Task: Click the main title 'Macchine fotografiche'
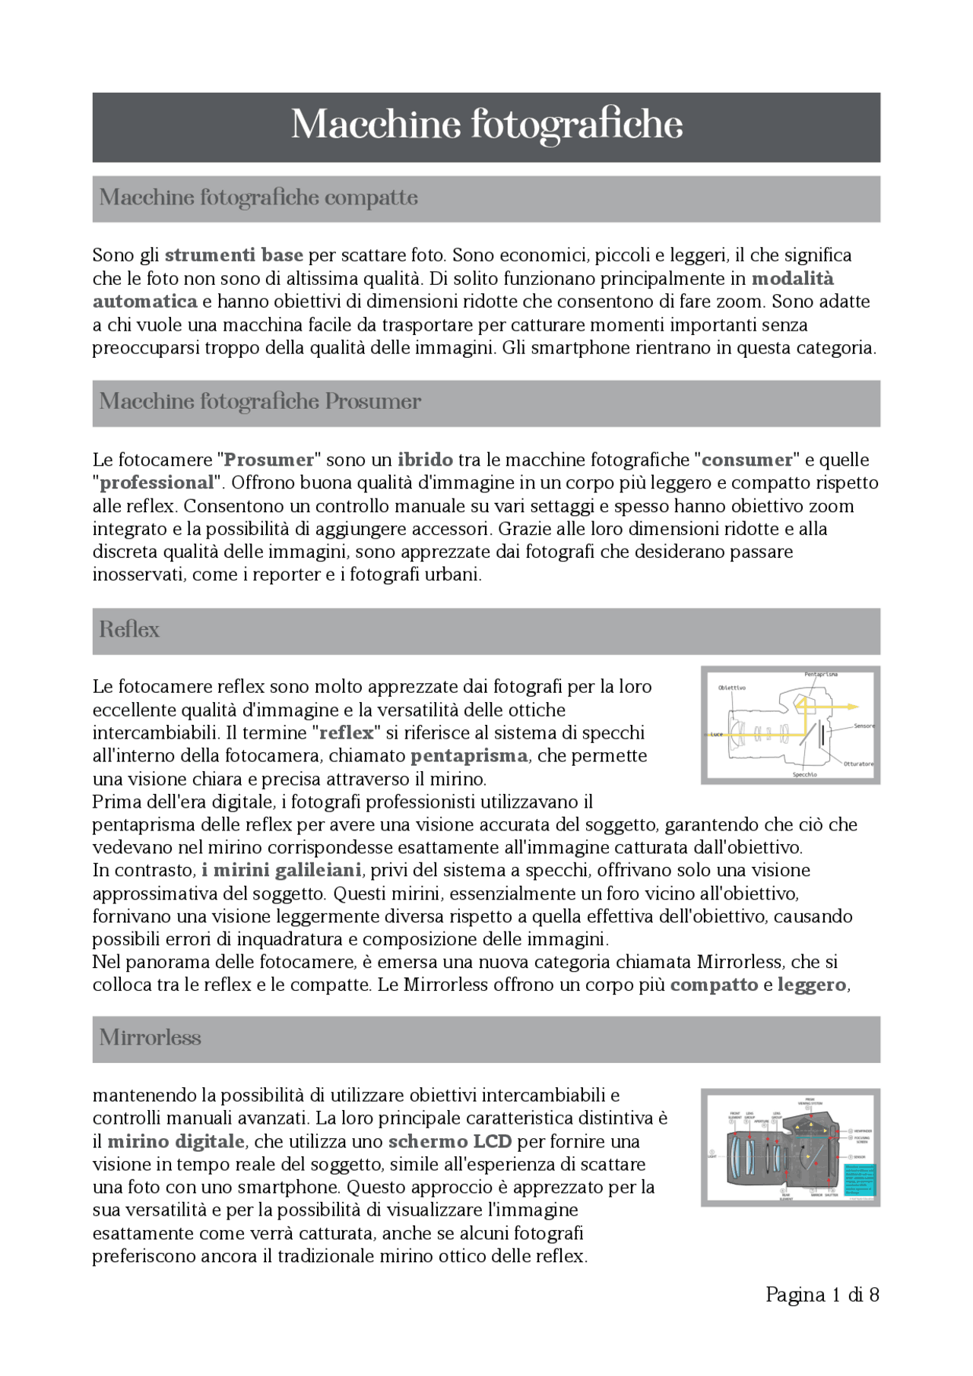pyautogui.click(x=486, y=125)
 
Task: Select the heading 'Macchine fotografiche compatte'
pyautogui.click(x=258, y=198)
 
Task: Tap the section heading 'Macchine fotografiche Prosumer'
pyautogui.click(x=260, y=401)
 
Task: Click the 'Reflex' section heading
pyautogui.click(x=129, y=630)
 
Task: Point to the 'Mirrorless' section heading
pyautogui.click(x=150, y=1038)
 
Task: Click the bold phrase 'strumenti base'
pyautogui.click(x=234, y=255)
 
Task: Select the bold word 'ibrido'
pyautogui.click(x=425, y=460)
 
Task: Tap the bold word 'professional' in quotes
pyautogui.click(x=157, y=483)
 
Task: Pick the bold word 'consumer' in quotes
pyautogui.click(x=747, y=460)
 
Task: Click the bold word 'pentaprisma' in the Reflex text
pyautogui.click(x=468, y=756)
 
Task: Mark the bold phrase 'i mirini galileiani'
pyautogui.click(x=281, y=871)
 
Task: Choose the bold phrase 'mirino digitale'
pyautogui.click(x=176, y=1142)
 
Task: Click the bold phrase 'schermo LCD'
pyautogui.click(x=450, y=1142)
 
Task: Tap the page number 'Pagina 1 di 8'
pyautogui.click(x=822, y=1295)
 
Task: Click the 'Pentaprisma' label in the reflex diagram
pyautogui.click(x=821, y=675)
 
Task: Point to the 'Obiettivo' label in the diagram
pyautogui.click(x=732, y=688)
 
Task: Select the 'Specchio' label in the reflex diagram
pyautogui.click(x=805, y=774)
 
